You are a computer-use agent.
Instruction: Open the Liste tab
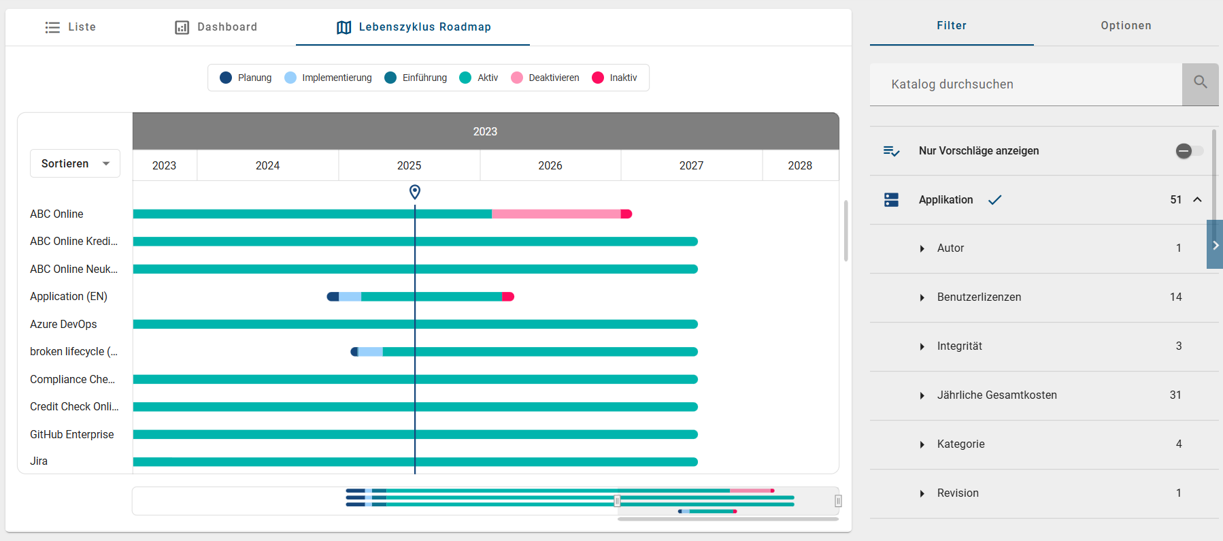[x=71, y=27]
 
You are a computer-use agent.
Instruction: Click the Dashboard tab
[x=216, y=27]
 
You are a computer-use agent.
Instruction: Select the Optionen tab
[x=1126, y=26]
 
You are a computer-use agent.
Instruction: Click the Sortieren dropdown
[x=75, y=163]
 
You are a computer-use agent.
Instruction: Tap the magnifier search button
[x=1200, y=84]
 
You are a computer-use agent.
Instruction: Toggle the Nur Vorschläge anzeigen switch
[x=1189, y=151]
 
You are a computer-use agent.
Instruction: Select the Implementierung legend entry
[x=329, y=78]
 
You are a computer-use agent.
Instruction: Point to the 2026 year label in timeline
[x=550, y=165]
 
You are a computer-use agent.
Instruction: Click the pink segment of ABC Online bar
[x=556, y=214]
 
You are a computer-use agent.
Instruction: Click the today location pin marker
[x=415, y=192]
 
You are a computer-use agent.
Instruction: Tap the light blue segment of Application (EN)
[x=350, y=297]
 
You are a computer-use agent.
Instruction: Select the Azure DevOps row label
[x=63, y=324]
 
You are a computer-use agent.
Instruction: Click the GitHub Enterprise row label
[x=71, y=434]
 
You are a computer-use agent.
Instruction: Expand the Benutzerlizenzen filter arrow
[x=922, y=297]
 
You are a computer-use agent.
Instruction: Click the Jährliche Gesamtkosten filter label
[x=996, y=395]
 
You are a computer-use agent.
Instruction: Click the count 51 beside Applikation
[x=1175, y=199]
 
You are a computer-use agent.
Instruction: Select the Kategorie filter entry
[x=960, y=444]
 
